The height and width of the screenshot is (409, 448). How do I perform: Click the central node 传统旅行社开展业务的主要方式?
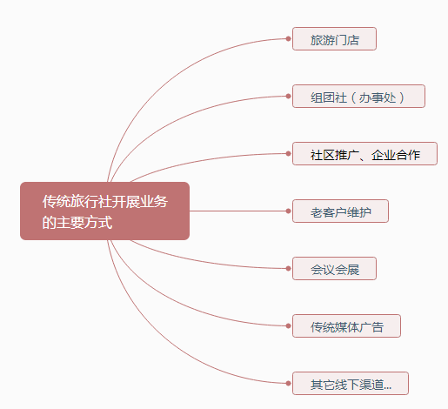pyautogui.click(x=104, y=211)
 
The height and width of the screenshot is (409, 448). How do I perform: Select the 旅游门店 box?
pyautogui.click(x=334, y=39)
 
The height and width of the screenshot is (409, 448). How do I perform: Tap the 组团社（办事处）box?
pyautogui.click(x=358, y=97)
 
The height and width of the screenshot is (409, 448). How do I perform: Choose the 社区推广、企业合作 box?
pyautogui.click(x=364, y=154)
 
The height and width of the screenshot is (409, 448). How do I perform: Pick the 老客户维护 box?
pyautogui.click(x=340, y=211)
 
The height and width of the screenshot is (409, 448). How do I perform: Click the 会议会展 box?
pyautogui.click(x=334, y=269)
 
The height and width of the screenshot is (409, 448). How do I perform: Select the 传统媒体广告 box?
pyautogui.click(x=346, y=326)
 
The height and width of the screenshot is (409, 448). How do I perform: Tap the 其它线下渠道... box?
pyautogui.click(x=351, y=384)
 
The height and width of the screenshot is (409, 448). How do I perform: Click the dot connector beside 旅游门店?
pyautogui.click(x=288, y=38)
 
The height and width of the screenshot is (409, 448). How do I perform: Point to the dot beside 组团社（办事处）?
pyautogui.click(x=288, y=96)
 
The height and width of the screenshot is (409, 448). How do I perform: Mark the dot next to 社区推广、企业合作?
pyautogui.click(x=288, y=153)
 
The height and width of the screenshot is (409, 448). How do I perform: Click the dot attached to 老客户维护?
pyautogui.click(x=288, y=211)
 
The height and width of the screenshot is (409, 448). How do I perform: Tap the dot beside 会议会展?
pyautogui.click(x=288, y=268)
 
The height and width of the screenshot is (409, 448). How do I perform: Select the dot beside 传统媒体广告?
pyautogui.click(x=288, y=325)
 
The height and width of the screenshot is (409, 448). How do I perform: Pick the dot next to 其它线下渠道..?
pyautogui.click(x=288, y=383)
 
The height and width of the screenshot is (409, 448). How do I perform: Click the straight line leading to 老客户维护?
pyautogui.click(x=237, y=211)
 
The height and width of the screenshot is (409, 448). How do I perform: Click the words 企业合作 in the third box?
pyautogui.click(x=396, y=155)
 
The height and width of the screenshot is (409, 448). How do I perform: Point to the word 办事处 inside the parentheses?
pyautogui.click(x=378, y=97)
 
